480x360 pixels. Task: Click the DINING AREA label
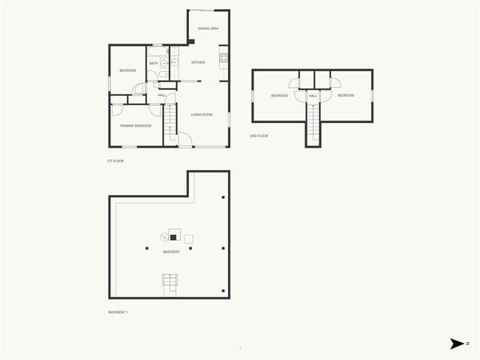tap(208, 28)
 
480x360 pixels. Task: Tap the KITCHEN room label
tap(198, 62)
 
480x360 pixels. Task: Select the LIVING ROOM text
tap(201, 115)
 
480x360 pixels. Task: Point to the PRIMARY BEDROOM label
tap(136, 126)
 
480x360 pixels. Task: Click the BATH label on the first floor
tap(153, 63)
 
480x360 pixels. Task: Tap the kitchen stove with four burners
tap(223, 58)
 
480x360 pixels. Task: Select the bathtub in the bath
tap(157, 50)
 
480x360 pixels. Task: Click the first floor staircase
tap(169, 118)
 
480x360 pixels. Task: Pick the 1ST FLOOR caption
tap(115, 161)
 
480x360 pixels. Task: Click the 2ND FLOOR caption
tap(259, 136)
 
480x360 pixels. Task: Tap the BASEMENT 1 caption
tap(118, 311)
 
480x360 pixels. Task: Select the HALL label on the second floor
tap(313, 96)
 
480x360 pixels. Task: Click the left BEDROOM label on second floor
tap(279, 96)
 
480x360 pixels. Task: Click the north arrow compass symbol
tap(457, 343)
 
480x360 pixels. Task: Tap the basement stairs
tap(171, 282)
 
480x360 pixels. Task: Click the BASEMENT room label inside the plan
tap(171, 252)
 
